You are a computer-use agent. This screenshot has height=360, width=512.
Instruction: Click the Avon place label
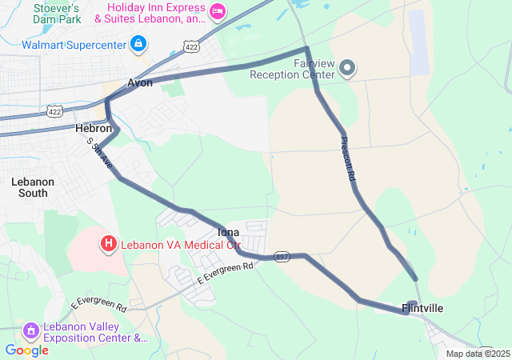tap(140, 83)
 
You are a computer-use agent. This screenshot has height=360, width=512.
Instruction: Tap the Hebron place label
tap(93, 128)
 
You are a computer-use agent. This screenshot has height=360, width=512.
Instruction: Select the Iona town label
tap(229, 232)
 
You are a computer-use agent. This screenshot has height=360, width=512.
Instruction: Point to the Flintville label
tap(422, 308)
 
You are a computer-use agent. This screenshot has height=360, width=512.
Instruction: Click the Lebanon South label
tap(33, 187)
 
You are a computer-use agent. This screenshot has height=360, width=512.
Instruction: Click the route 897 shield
tap(282, 256)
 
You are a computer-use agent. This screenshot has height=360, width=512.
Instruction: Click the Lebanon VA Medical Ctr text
tap(180, 244)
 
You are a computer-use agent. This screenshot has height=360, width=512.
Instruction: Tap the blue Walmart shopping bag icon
tap(138, 42)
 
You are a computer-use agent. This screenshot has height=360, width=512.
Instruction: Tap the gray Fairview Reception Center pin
tap(347, 69)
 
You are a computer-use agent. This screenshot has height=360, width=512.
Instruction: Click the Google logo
tap(26, 350)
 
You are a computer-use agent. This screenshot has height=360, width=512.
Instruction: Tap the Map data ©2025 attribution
tap(478, 354)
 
